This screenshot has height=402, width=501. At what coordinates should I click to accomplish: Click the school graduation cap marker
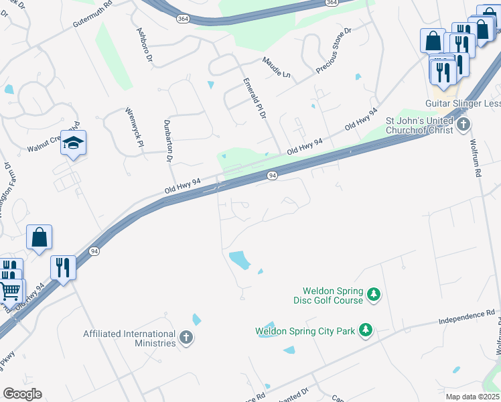coord(73,143)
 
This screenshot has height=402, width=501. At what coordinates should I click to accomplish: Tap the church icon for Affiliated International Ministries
coord(186,338)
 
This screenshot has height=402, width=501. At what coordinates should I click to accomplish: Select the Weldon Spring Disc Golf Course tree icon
coord(374,295)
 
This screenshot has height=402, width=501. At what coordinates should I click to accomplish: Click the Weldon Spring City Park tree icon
coord(366,330)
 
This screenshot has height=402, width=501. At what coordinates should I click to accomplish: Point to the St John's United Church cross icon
coord(462,125)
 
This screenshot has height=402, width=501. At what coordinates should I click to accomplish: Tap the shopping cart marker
coord(10,291)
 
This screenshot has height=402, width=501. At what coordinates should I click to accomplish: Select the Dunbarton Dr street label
coord(167,141)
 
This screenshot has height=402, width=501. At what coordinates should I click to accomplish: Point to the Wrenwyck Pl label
coord(133,127)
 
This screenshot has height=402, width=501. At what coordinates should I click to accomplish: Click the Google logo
coord(22,394)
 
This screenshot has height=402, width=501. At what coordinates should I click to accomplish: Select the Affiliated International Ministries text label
coord(129,338)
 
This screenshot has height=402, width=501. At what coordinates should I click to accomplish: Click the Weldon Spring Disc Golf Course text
coord(333,295)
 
